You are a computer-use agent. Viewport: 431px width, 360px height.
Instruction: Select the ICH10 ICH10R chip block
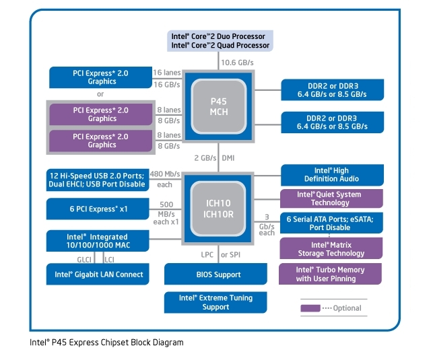pyautogui.click(x=220, y=208)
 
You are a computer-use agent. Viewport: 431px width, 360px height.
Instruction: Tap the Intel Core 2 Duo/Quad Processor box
pyautogui.click(x=220, y=40)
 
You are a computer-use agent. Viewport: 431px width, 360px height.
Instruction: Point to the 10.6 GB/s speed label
pyautogui.click(x=236, y=63)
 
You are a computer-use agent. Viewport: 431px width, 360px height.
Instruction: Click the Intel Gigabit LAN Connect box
pyautogui.click(x=98, y=274)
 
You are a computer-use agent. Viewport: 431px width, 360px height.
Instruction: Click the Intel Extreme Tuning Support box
pyautogui.click(x=213, y=302)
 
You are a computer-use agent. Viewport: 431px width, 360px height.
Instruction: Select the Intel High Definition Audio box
pyautogui.click(x=331, y=175)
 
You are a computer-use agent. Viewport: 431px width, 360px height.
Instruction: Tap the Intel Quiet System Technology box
pyautogui.click(x=331, y=199)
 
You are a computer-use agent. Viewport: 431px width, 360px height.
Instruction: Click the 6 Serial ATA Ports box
pyautogui.click(x=331, y=223)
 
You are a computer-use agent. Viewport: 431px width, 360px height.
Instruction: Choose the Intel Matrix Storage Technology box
pyautogui.click(x=331, y=249)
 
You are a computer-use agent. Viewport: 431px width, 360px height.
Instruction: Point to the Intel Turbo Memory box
pyautogui.click(x=331, y=274)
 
